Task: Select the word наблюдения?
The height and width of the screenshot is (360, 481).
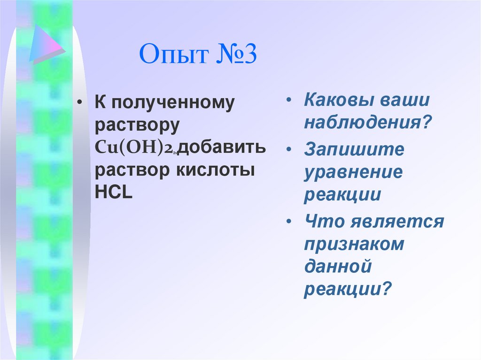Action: coord(367,123)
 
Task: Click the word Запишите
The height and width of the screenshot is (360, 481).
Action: coord(354,150)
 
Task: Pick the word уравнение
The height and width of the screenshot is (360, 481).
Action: coord(353,172)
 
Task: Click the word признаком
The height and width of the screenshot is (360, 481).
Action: coord(354,244)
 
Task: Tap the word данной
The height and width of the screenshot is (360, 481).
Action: coord(338,267)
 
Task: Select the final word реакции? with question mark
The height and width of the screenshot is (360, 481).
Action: coord(347,289)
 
